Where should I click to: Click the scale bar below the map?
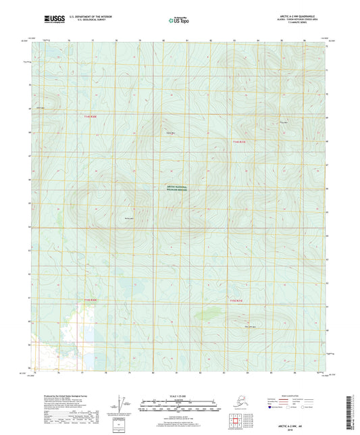click(x=179, y=406)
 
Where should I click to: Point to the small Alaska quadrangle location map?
click(x=240, y=404)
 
